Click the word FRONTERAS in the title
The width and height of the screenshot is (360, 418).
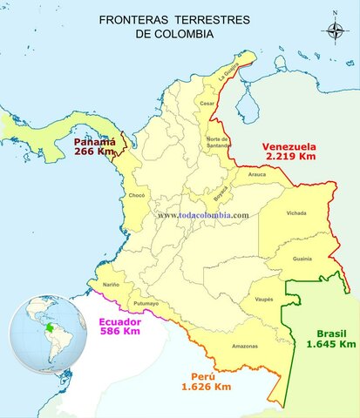click(132, 18)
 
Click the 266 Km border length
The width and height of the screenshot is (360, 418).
click(94, 152)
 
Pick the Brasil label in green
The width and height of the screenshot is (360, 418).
click(332, 333)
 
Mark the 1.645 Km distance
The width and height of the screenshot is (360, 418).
click(332, 344)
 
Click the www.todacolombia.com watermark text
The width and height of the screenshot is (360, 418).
click(203, 215)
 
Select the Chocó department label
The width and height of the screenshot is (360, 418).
click(137, 196)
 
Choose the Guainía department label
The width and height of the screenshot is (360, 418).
click(302, 259)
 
